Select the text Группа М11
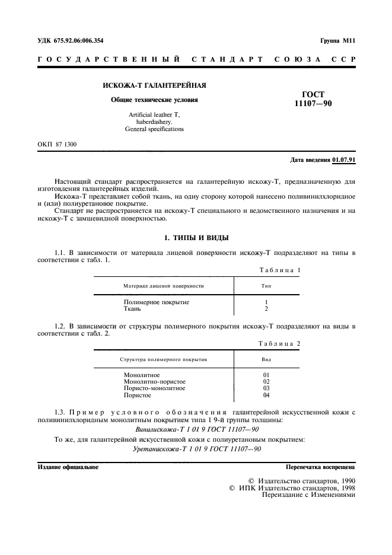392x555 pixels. (x=337, y=41)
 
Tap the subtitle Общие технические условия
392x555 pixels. (x=155, y=100)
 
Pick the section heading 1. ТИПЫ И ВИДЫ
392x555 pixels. (x=196, y=238)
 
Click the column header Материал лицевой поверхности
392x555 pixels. (x=164, y=286)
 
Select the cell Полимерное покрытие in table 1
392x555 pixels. (x=157, y=302)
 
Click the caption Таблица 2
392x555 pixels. (x=280, y=343)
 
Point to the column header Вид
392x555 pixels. (x=266, y=359)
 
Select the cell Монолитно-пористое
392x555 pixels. (x=155, y=382)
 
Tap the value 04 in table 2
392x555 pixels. (x=266, y=395)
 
